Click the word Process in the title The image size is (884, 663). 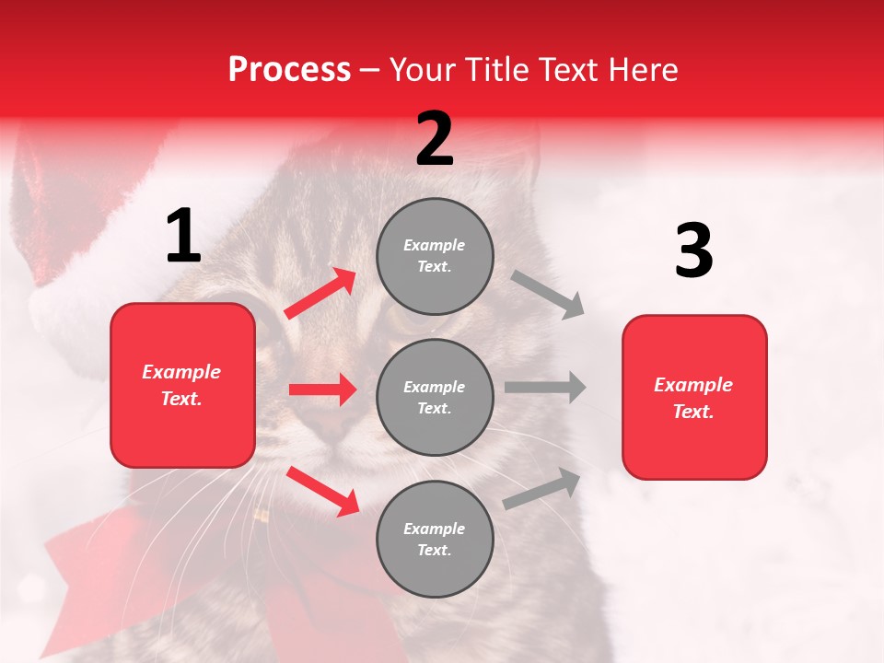click(x=289, y=70)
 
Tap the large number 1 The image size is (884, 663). click(x=183, y=237)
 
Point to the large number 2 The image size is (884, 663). click(x=435, y=139)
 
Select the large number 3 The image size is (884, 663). click(x=693, y=251)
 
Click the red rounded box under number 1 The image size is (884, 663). click(x=182, y=385)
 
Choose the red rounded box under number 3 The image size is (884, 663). click(x=694, y=397)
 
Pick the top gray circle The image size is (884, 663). click(x=435, y=256)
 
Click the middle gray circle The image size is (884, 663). click(x=435, y=397)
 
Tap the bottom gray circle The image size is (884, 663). click(x=435, y=539)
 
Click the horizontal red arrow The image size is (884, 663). click(x=322, y=390)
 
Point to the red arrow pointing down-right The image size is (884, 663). click(x=322, y=490)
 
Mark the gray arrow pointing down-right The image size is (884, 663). click(x=548, y=294)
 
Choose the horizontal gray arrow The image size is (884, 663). click(x=545, y=387)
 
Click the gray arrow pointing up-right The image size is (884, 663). click(x=542, y=488)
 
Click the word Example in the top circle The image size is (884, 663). click(x=435, y=245)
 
